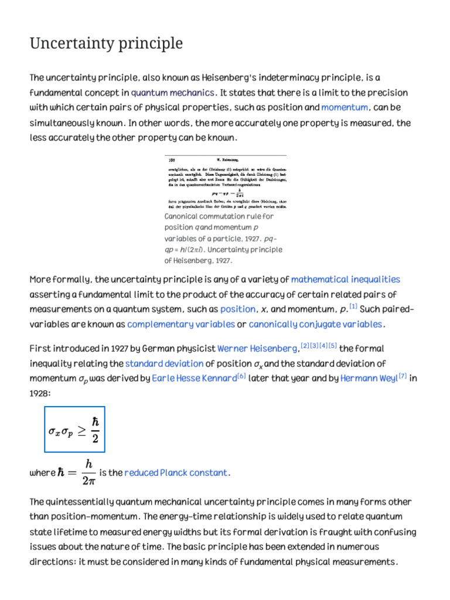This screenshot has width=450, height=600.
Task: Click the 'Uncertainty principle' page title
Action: click(x=106, y=43)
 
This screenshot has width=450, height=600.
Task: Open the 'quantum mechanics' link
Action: click(x=173, y=93)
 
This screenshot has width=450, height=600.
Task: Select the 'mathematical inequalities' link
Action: click(x=346, y=279)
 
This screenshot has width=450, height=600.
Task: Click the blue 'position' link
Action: click(x=238, y=309)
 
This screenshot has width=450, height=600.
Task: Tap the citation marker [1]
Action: click(x=353, y=306)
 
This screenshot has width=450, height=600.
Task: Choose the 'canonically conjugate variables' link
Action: click(x=316, y=324)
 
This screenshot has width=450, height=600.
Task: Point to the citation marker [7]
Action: click(x=403, y=377)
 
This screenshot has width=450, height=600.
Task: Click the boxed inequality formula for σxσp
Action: click(x=74, y=429)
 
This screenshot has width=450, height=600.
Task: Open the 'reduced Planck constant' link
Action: click(x=176, y=473)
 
